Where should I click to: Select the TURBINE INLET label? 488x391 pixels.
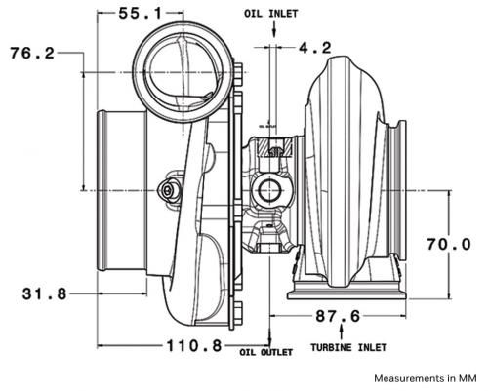(x=347, y=347)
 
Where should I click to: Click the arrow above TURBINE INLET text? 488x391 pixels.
(x=347, y=332)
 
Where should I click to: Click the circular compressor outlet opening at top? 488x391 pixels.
(x=175, y=67)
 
